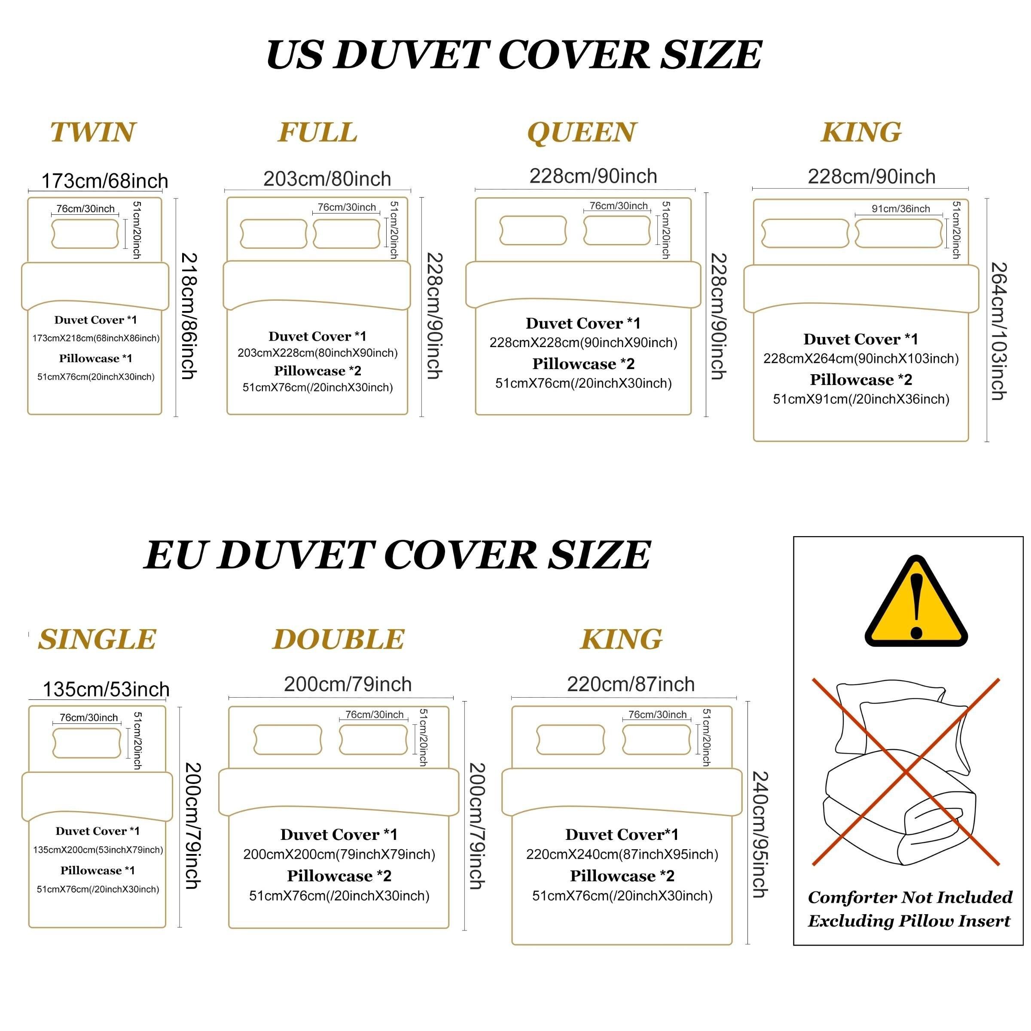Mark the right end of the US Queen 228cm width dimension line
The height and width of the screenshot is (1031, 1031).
pyautogui.click(x=695, y=189)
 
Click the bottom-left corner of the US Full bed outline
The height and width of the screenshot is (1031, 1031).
pyautogui.click(x=227, y=414)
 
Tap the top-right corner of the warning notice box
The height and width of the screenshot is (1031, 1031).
pyautogui.click(x=1023, y=537)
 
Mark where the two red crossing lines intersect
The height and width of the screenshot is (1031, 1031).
pyautogui.click(x=906, y=771)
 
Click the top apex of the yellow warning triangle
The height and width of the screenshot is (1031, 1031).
pyautogui.click(x=916, y=557)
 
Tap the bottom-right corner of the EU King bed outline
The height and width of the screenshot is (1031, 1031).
pyautogui.click(x=732, y=944)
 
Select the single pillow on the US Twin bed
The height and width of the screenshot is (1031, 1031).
pyautogui.click(x=85, y=233)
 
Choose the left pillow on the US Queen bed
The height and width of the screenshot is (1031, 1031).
pyautogui.click(x=533, y=231)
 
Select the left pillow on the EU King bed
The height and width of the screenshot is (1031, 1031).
pyautogui.click(x=570, y=740)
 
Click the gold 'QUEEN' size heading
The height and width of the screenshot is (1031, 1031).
pyautogui.click(x=582, y=132)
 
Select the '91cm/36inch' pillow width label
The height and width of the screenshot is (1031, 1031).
pyautogui.click(x=901, y=209)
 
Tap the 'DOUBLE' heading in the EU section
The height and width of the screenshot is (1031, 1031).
pyautogui.click(x=339, y=639)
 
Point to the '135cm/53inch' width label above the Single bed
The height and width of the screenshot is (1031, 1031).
pyautogui.click(x=106, y=689)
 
